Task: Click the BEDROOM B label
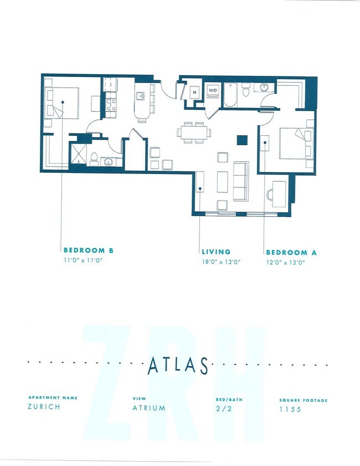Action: [88, 250]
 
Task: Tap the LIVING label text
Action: [216, 252]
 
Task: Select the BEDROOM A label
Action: [291, 252]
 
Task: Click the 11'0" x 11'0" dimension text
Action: [84, 260]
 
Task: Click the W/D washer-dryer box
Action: [212, 90]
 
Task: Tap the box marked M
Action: [195, 92]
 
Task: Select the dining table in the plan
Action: [193, 132]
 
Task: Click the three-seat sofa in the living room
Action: [241, 181]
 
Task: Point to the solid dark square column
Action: [241, 140]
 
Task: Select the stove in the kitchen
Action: [111, 104]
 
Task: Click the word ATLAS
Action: [178, 366]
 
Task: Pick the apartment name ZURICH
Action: [43, 406]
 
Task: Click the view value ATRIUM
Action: [148, 408]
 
